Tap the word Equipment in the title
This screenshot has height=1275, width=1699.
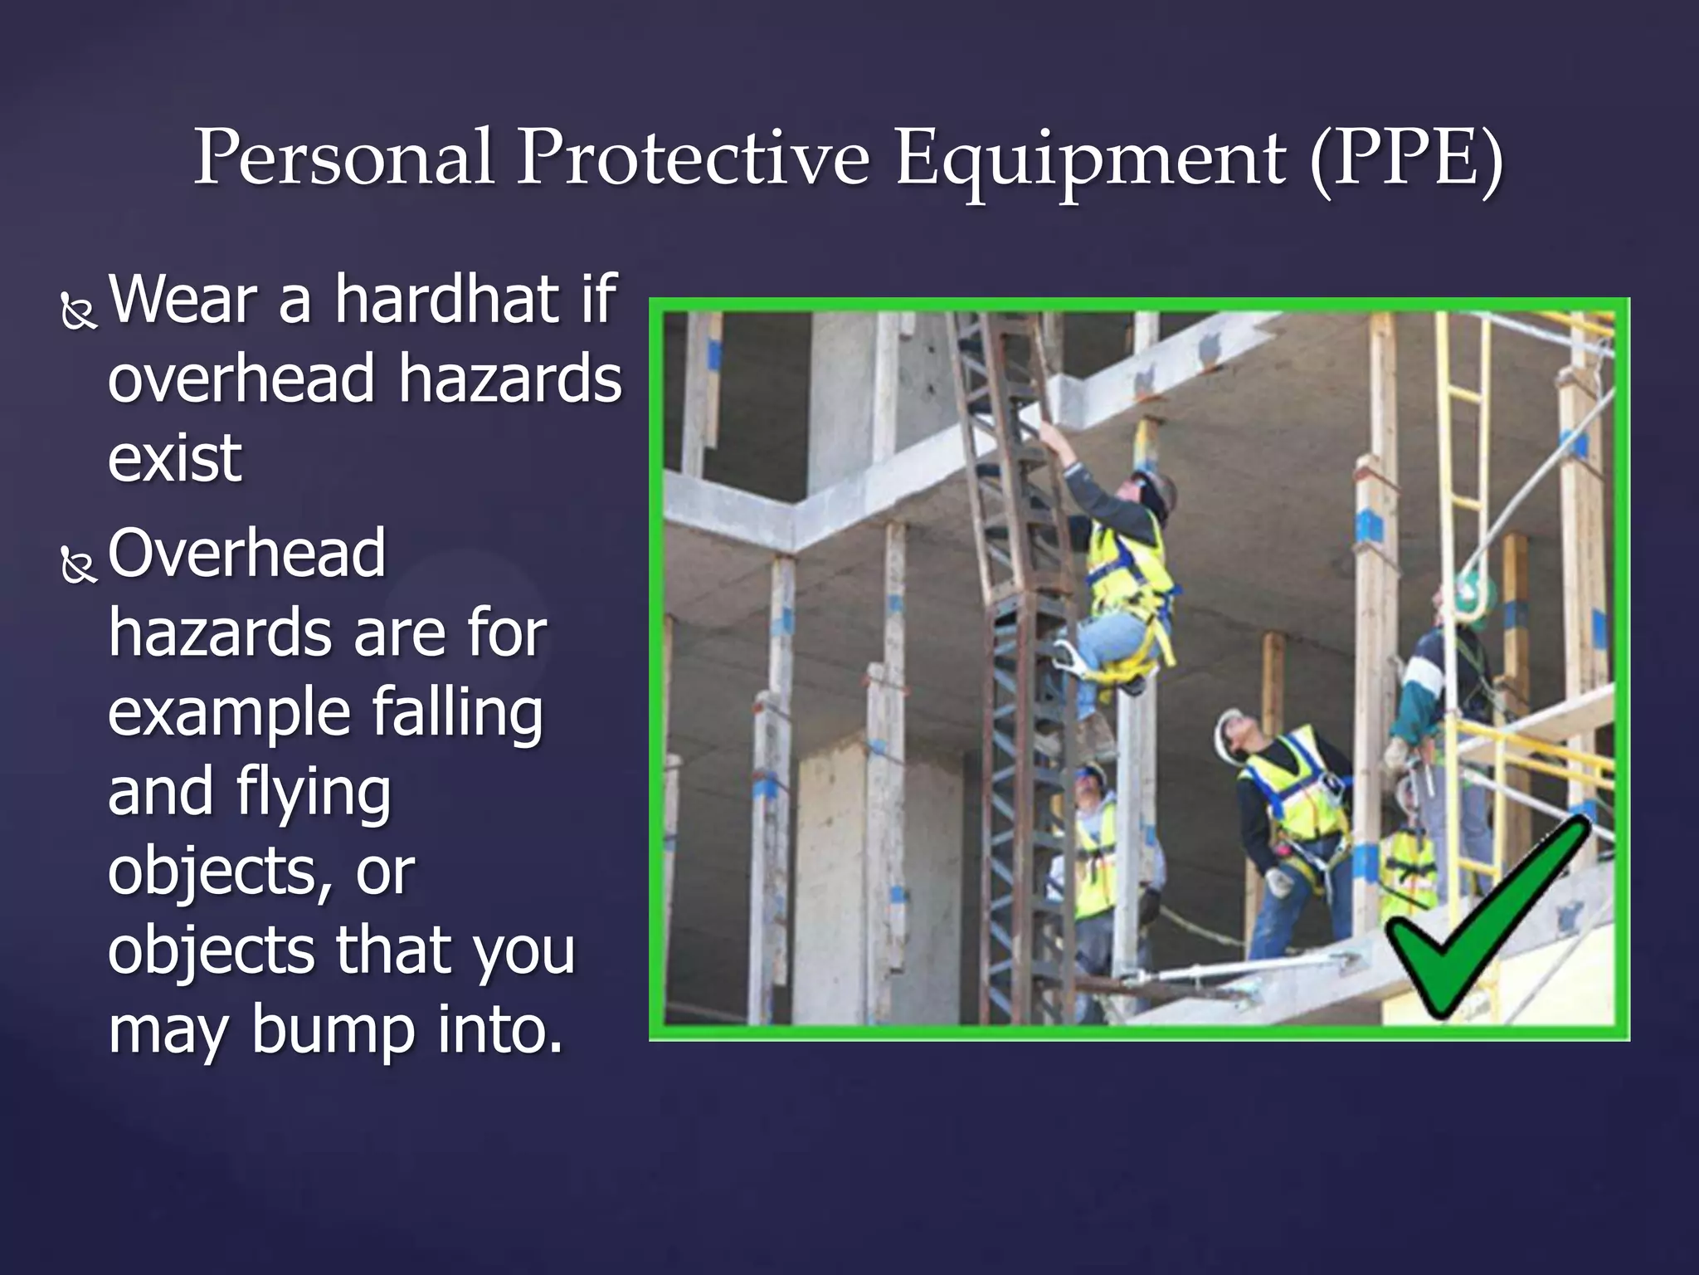pyautogui.click(x=1091, y=158)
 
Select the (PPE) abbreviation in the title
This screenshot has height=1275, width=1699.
pyautogui.click(x=1407, y=158)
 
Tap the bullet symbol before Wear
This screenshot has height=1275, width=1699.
pyautogui.click(x=79, y=312)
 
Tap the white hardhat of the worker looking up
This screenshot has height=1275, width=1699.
pyautogui.click(x=1227, y=730)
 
